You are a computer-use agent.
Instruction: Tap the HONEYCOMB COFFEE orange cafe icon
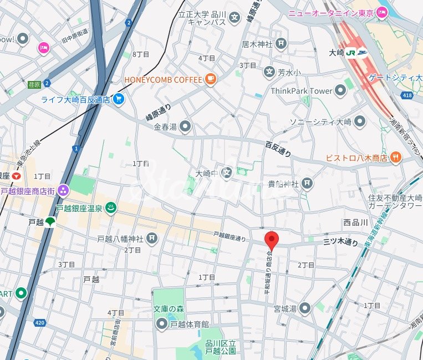210,80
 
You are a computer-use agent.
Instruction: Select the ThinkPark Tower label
301,91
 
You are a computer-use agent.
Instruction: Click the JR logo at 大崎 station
350,53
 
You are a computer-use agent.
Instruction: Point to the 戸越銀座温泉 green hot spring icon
110,208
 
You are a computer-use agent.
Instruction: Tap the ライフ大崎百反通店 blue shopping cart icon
118,100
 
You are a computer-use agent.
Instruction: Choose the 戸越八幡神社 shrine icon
151,239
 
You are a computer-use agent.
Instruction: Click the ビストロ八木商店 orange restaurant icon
395,158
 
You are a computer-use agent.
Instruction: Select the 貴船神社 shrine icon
307,184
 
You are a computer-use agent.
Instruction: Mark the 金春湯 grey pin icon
185,127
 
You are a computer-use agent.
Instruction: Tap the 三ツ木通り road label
341,242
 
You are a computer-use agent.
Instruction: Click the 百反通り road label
278,149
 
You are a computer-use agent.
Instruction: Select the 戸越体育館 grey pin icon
162,324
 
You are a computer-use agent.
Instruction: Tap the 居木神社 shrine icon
282,43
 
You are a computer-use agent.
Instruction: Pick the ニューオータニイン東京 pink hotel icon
381,12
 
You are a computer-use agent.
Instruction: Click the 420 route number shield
39,322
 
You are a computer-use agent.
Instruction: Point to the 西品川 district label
355,222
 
